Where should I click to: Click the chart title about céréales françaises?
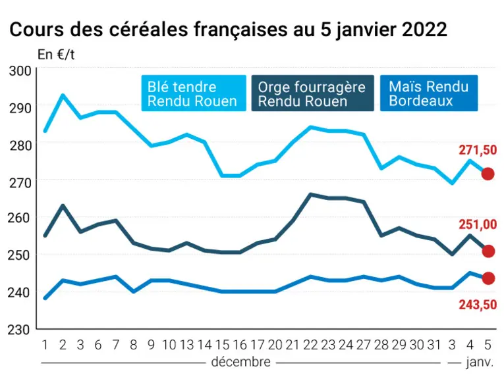coord(228,30)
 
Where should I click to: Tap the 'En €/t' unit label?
coord(56,55)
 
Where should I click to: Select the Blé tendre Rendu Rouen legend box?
coord(194,93)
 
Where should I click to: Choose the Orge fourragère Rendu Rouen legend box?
coord(313,93)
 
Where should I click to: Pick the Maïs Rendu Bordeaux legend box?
coord(429,93)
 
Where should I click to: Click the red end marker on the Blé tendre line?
coord(488,174)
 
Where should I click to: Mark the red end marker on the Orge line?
coord(488,251)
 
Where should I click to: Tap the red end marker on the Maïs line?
coord(488,278)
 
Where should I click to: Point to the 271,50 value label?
coord(478,150)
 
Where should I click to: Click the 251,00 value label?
coord(478,224)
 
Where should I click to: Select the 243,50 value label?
coord(478,305)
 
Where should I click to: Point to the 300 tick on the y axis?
coord(20,71)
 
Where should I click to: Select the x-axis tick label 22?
coord(310,345)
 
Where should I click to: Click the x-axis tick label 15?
coord(222,345)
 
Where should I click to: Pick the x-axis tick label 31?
coord(434,345)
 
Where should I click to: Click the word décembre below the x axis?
coord(240,362)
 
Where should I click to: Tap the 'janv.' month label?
coord(480,363)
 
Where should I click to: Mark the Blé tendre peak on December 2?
coord(63,95)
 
